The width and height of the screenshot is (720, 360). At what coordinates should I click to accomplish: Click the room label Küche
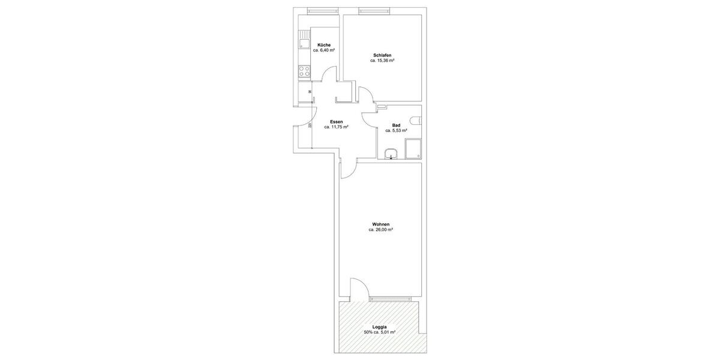point(324,45)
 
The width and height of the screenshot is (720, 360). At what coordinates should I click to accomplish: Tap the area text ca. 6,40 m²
point(324,50)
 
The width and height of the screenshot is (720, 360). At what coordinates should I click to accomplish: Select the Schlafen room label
point(382,55)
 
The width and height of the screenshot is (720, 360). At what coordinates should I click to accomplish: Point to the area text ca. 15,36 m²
point(382,61)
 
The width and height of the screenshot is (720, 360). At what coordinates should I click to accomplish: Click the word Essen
point(337,122)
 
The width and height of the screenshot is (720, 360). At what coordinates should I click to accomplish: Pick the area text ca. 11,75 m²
point(337,127)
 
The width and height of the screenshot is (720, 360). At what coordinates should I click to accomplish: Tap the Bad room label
point(396,125)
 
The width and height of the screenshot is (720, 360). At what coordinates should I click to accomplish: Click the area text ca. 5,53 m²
point(396,130)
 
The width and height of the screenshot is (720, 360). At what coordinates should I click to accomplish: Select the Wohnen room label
point(381,224)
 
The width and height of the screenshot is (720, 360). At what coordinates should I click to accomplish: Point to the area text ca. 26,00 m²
point(381,230)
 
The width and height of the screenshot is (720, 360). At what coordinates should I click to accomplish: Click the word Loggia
point(379,326)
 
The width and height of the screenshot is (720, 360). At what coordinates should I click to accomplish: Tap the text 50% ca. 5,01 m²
point(379,332)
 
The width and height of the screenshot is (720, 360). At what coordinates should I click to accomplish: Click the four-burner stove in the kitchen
point(304,72)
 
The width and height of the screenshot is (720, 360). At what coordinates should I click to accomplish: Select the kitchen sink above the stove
point(304,45)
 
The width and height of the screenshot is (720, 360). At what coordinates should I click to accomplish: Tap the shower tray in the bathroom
point(413,149)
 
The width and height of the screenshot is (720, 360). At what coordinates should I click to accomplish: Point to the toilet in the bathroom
point(418,119)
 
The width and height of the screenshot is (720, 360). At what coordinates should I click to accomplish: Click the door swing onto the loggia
point(358,288)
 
